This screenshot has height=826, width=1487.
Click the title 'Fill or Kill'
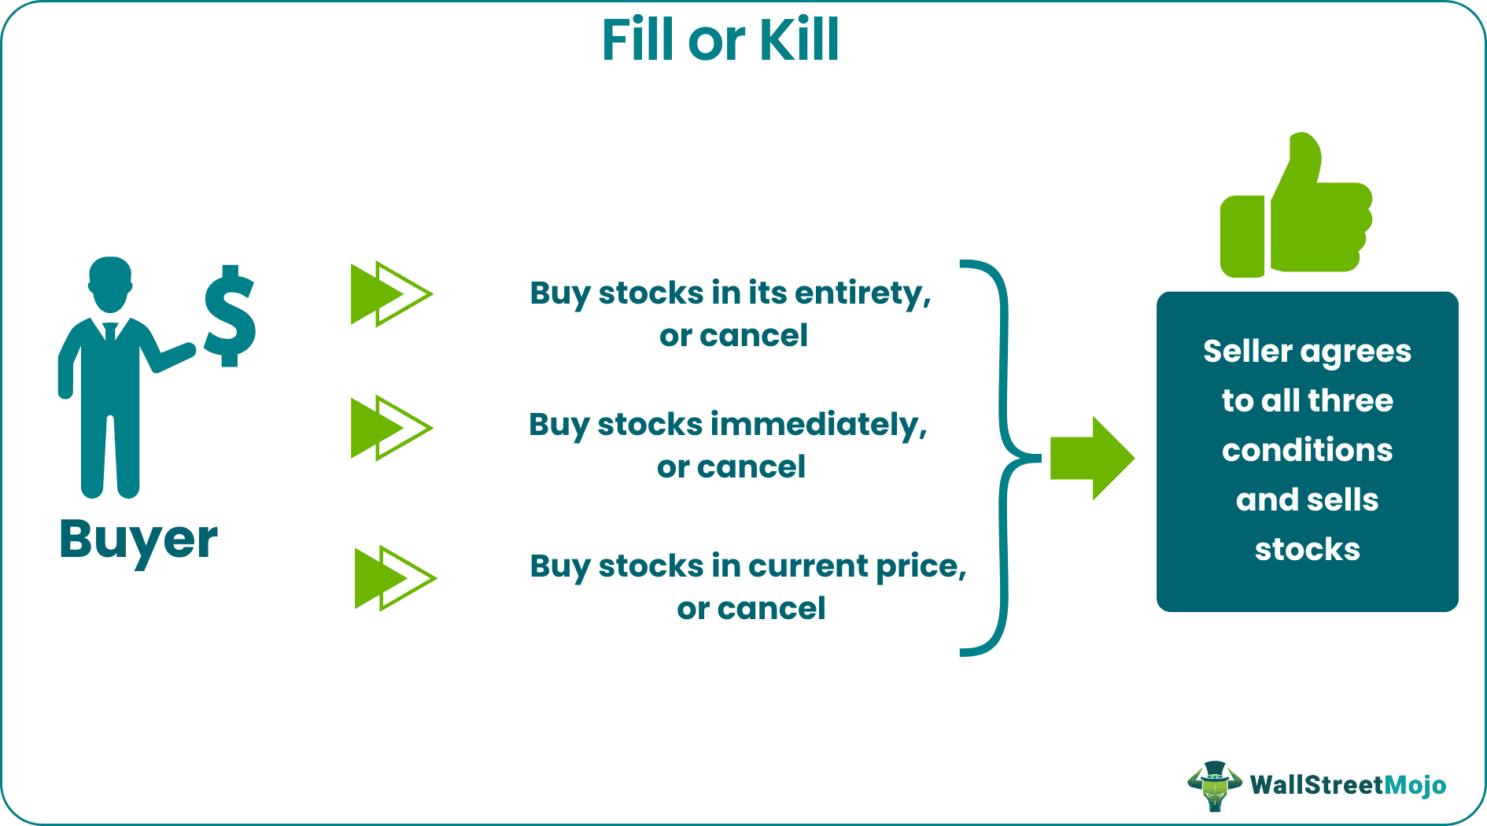[720, 40]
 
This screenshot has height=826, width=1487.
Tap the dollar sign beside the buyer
[230, 316]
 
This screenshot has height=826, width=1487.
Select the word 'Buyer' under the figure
[138, 540]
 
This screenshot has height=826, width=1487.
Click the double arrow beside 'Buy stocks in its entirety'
[391, 294]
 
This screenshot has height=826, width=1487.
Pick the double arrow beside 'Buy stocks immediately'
[391, 428]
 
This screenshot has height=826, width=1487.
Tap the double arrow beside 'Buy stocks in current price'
[395, 578]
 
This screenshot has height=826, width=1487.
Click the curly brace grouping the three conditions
[1004, 457]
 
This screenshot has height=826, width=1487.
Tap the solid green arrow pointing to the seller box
[1092, 458]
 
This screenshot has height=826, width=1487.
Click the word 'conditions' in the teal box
[1307, 451]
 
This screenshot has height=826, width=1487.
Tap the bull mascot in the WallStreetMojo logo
[1214, 785]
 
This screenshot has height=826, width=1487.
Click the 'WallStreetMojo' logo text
[1348, 785]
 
